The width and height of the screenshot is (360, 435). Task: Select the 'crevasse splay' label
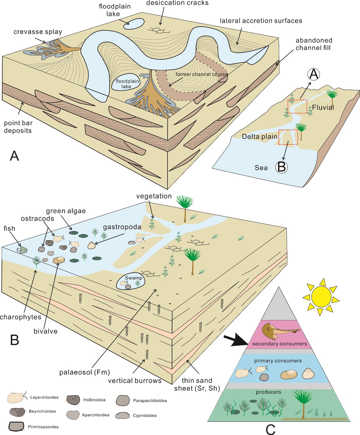click(x=38, y=32)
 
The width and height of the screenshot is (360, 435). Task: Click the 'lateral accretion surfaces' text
click(x=261, y=21)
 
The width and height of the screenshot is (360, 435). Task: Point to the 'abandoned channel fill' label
click(x=313, y=44)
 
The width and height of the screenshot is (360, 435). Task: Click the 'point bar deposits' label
click(x=18, y=127)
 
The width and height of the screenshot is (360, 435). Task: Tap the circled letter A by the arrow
click(x=313, y=74)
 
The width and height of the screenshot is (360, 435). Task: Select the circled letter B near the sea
click(x=281, y=167)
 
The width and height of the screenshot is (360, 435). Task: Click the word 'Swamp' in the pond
click(x=133, y=278)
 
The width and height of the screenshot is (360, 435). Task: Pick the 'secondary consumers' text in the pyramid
click(x=279, y=344)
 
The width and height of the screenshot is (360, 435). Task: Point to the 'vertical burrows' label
click(x=134, y=381)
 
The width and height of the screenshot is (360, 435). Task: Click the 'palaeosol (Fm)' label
click(x=84, y=372)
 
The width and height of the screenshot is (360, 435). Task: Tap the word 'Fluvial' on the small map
click(x=323, y=107)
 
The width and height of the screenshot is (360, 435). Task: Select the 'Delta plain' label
click(x=259, y=136)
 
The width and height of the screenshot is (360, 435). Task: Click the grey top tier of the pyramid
click(x=279, y=309)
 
